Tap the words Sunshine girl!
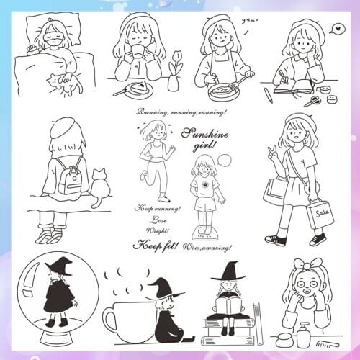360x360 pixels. (199, 138)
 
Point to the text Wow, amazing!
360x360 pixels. (207, 247)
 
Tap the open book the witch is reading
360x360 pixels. (230, 306)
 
